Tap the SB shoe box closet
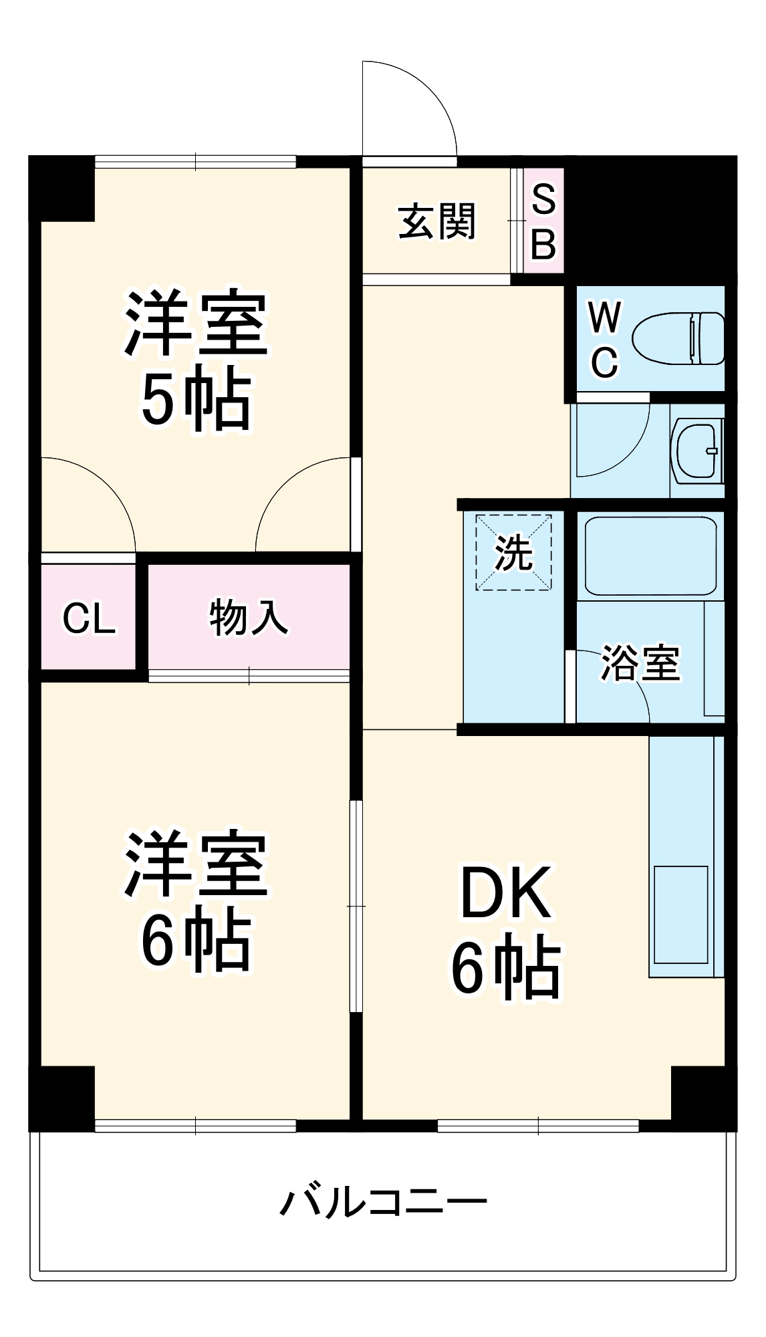(543, 221)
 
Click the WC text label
(604, 340)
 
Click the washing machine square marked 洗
(513, 552)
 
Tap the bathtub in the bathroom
(650, 556)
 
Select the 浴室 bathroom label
(640, 663)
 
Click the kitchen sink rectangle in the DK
(680, 915)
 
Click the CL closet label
(89, 618)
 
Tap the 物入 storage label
(249, 617)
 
